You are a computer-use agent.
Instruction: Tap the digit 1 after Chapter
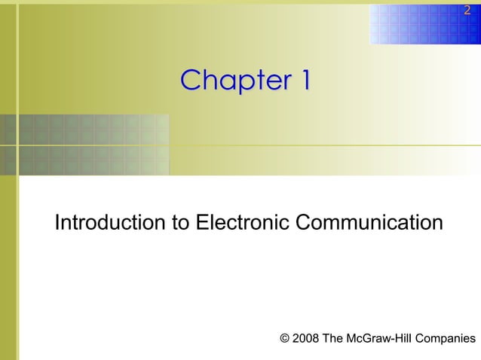[302, 80]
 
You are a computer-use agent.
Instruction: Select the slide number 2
[467, 10]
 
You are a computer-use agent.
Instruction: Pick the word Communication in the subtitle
[369, 223]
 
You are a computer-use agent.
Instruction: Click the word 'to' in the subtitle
[181, 223]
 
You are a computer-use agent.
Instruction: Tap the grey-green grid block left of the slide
[83, 143]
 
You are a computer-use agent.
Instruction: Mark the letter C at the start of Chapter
[191, 80]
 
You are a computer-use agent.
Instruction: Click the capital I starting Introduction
[57, 223]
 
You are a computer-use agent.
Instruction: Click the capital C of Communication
[304, 223]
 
